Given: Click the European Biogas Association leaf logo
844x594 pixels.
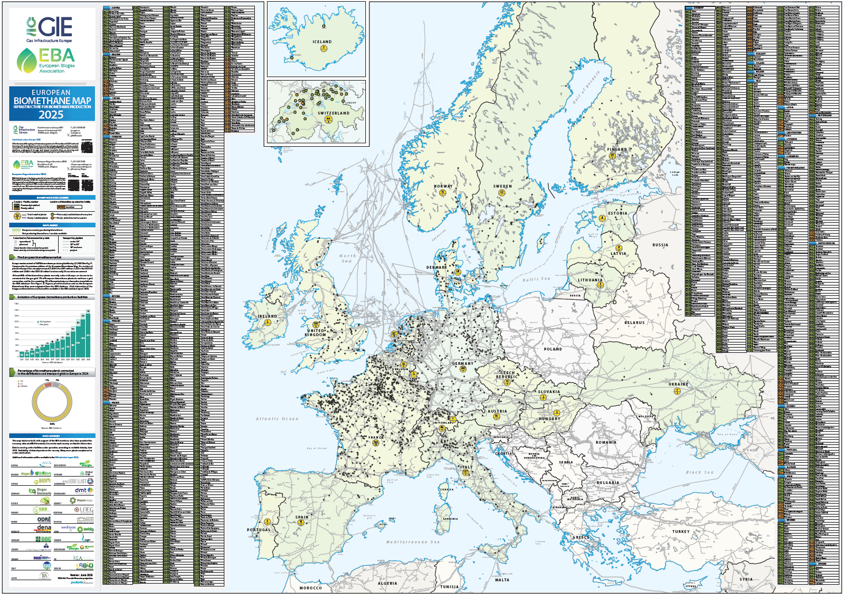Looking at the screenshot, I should point(26,60).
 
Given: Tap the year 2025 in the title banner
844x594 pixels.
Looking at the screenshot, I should point(52,114).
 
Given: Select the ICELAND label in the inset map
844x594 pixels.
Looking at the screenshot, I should point(322,42).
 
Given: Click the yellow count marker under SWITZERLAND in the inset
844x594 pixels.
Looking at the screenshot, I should point(329,119).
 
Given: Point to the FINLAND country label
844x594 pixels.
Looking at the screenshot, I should point(617,149).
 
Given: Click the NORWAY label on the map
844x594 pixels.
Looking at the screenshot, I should point(443,186).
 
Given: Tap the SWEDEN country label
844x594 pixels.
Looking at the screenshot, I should point(502,186).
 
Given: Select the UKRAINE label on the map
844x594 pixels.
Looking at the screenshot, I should point(678,384).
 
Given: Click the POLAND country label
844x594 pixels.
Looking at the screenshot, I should point(553,349).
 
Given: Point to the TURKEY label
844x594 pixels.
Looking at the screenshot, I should point(681,531).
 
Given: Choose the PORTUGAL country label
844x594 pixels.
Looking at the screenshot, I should point(259,530).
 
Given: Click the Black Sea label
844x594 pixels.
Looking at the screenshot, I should point(698,472).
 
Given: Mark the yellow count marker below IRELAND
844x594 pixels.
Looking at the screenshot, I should point(268,322).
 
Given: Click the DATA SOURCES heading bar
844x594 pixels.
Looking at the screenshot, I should point(52,436).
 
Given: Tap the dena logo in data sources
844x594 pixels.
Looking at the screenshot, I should point(44,527).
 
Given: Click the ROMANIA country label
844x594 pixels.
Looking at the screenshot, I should point(606,442).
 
